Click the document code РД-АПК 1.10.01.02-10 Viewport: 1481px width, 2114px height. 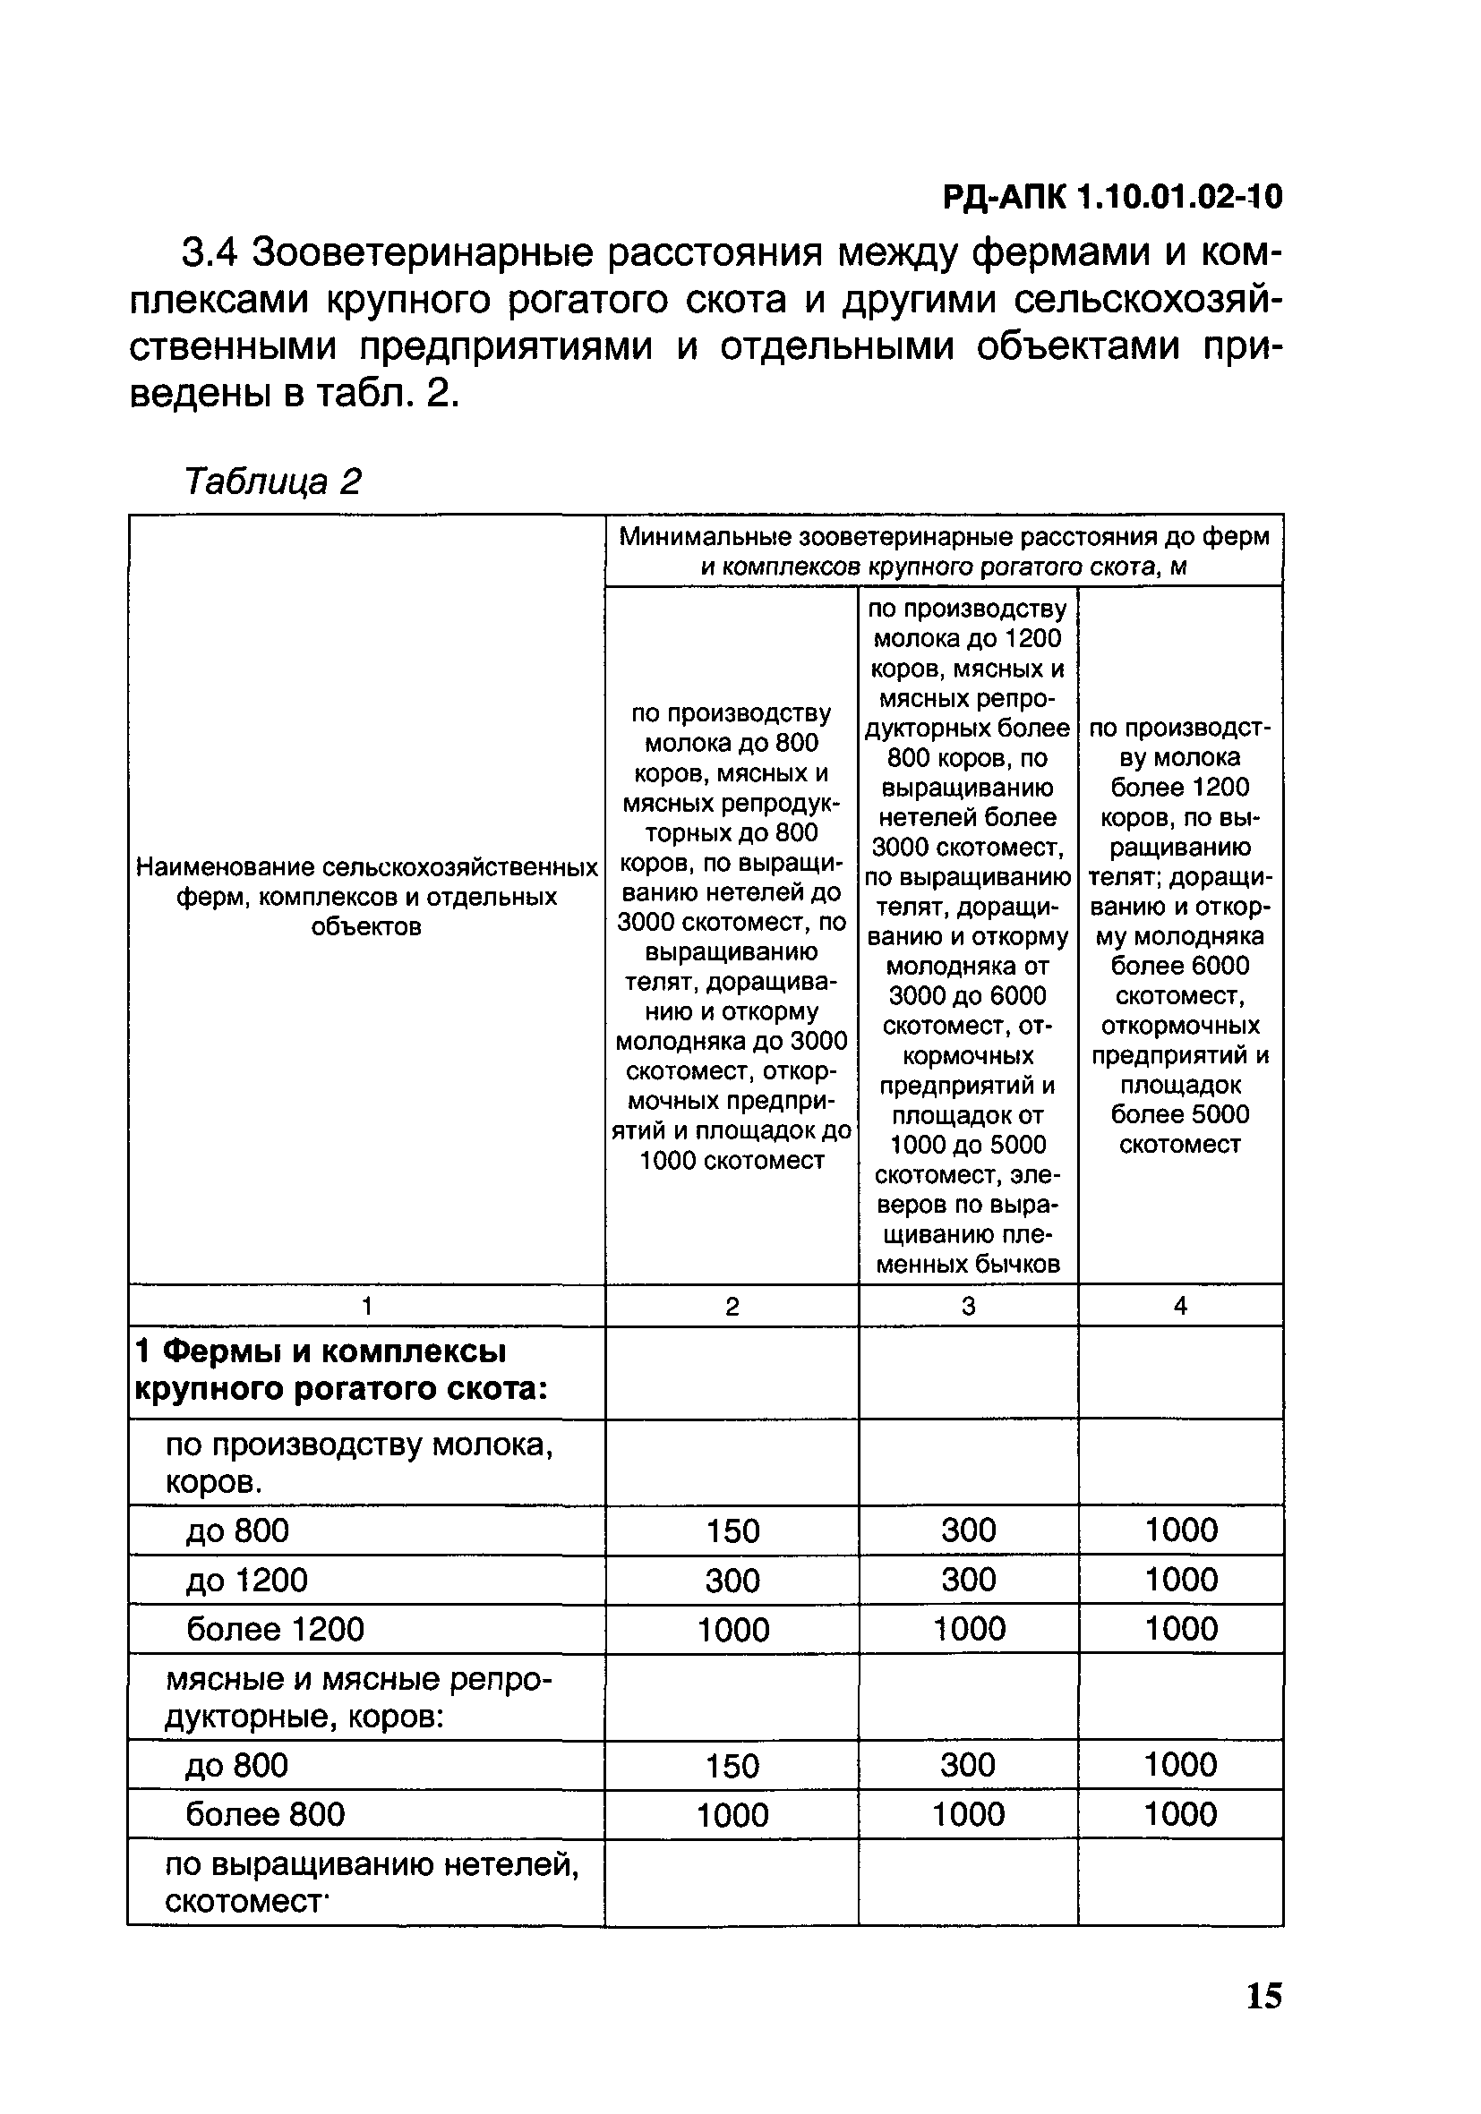point(1112,197)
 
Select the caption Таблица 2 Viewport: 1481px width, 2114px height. point(273,481)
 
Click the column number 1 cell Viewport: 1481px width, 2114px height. point(366,1306)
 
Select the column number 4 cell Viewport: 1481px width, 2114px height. point(1180,1306)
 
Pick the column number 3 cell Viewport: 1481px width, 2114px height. point(968,1306)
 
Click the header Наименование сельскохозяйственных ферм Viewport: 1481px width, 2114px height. point(366,896)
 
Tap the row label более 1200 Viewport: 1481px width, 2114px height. point(276,1629)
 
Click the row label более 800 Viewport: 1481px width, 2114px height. point(265,1814)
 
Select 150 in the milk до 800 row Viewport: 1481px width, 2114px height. point(732,1531)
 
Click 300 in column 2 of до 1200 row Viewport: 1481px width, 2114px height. point(732,1581)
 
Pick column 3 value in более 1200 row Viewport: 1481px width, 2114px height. point(968,1630)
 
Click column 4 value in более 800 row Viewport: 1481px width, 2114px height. point(1180,1814)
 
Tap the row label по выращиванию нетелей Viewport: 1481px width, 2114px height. point(372,1882)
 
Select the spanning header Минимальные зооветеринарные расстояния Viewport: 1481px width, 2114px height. point(943,550)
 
